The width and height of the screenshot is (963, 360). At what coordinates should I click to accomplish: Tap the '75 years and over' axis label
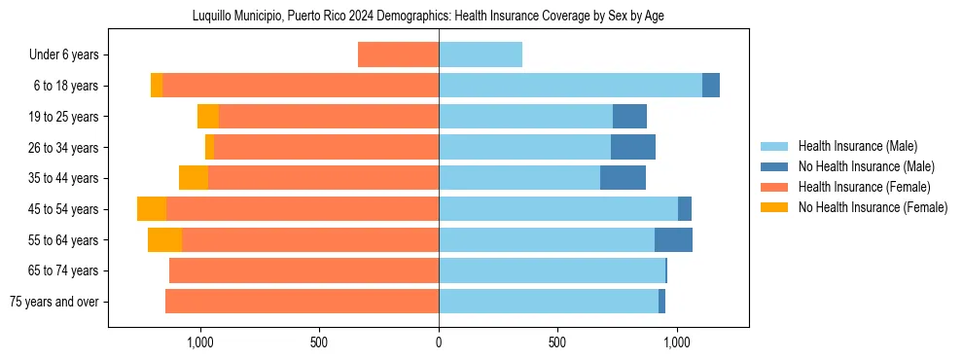pos(54,302)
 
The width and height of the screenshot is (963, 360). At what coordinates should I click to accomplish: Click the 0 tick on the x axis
pos(439,342)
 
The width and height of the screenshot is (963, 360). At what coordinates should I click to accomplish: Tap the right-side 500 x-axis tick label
pos(557,342)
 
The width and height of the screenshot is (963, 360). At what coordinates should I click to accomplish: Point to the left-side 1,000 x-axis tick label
pos(200,342)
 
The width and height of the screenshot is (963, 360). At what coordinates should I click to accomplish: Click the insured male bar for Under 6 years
pos(481,54)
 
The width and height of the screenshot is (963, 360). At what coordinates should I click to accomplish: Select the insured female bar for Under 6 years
pos(398,54)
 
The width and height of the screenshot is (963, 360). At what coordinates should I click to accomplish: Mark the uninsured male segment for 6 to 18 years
pos(711,86)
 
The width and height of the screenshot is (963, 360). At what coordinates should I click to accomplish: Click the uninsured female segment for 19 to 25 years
pos(208,117)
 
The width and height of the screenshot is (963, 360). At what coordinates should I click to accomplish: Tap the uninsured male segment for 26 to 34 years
pos(633,147)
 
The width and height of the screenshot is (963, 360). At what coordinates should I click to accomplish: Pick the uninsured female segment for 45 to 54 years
pos(152,209)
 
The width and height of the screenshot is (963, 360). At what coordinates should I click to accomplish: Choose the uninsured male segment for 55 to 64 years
pos(673,239)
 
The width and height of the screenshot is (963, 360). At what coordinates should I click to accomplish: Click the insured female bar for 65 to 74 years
pos(303,270)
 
